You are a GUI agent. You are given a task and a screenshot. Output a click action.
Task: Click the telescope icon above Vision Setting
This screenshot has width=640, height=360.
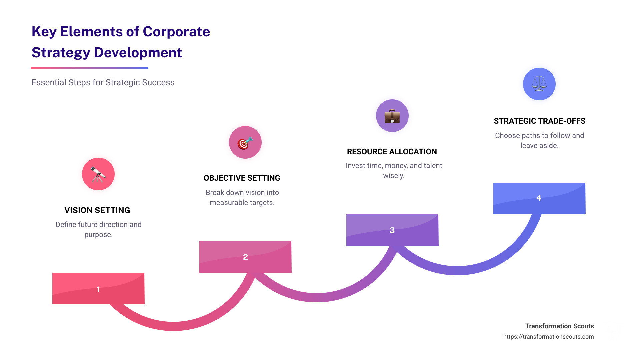[x=98, y=174]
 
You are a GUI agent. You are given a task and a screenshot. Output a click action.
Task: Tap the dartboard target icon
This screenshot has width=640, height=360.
[x=245, y=143]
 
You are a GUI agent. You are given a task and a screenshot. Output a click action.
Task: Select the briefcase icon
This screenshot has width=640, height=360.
[x=392, y=116]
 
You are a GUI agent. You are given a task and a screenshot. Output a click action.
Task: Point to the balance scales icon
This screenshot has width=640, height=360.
[x=539, y=84]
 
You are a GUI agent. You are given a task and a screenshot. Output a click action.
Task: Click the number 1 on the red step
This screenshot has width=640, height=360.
[x=98, y=289]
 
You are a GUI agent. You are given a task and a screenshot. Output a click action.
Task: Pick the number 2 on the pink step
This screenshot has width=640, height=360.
[x=245, y=257]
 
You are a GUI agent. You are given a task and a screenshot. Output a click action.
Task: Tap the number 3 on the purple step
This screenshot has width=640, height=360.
[x=392, y=230]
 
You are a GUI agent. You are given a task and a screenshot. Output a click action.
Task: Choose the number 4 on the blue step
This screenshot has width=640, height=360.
[x=539, y=198]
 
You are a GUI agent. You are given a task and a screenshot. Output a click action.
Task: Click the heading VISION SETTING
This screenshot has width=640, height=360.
[x=97, y=210]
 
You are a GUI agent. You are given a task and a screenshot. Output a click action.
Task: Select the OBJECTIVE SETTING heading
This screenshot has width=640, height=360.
[x=242, y=178]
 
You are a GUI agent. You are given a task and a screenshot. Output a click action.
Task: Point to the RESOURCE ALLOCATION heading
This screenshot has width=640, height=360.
[x=392, y=152]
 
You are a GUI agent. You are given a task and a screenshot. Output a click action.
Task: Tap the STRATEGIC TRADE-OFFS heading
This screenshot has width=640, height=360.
[x=539, y=121]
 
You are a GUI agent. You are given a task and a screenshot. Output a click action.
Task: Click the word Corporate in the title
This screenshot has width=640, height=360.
[x=176, y=32]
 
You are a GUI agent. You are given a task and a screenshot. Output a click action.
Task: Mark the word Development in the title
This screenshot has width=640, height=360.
[x=138, y=53]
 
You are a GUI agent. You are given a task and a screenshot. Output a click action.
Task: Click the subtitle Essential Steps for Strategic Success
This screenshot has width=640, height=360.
[x=103, y=82]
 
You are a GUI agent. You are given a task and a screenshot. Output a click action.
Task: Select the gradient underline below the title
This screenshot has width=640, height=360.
[x=89, y=68]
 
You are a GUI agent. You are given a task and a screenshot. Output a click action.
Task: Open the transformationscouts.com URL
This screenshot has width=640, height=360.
[x=548, y=337]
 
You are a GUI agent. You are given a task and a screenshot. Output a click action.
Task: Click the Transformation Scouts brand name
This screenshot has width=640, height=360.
[x=559, y=326]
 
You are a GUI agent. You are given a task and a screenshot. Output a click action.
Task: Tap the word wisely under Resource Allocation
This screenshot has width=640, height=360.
[x=394, y=176]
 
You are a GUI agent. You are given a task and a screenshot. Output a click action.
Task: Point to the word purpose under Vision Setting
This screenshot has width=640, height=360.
[x=98, y=235]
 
